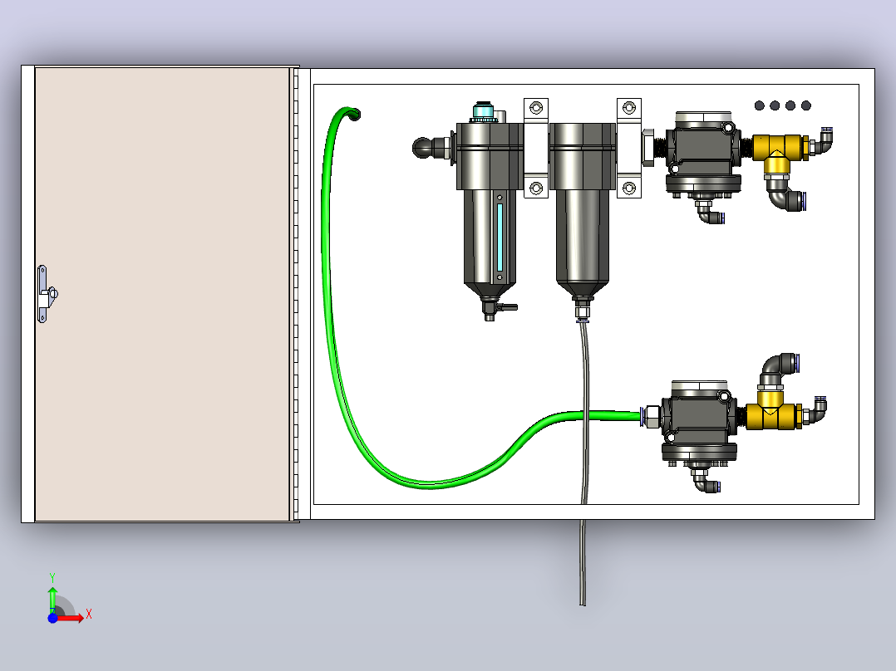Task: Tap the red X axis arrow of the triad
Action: point(70,618)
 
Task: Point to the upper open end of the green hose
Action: point(354,115)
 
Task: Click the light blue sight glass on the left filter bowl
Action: point(500,237)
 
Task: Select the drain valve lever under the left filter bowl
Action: point(506,307)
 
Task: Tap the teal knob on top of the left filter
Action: point(484,110)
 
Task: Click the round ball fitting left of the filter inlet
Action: point(423,147)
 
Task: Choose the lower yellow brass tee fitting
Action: point(771,410)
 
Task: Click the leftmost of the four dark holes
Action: point(760,105)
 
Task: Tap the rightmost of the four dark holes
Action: point(806,105)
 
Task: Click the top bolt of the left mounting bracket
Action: point(536,108)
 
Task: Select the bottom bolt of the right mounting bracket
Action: point(628,188)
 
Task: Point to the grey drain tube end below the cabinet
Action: point(583,602)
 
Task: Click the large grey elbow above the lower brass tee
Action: point(776,370)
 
